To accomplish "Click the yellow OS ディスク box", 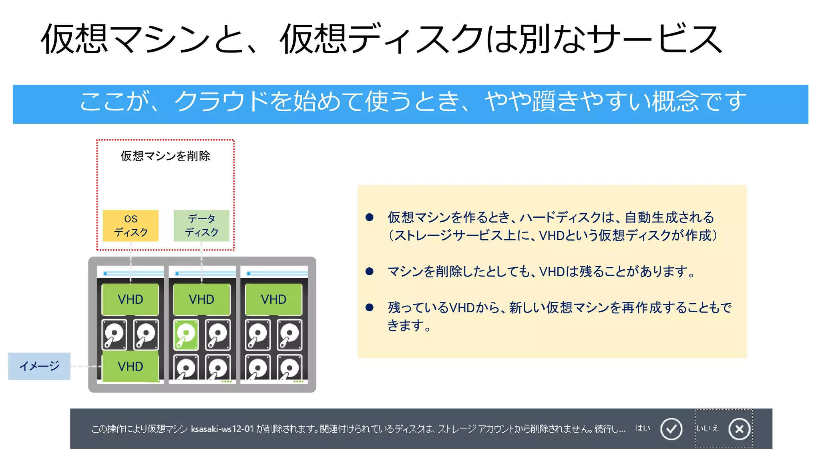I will tap(131, 226).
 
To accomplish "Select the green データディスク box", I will tap(201, 226).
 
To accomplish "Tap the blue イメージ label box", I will tap(39, 366).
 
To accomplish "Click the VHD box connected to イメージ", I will tap(131, 366).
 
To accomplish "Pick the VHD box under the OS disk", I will tap(131, 299).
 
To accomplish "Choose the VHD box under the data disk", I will tap(201, 299).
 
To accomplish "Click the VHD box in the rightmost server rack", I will tap(273, 299).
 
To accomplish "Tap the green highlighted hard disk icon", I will tap(186, 334).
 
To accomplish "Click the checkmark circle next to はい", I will tap(671, 429).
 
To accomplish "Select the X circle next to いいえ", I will tap(739, 429).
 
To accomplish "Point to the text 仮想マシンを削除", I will tap(165, 156).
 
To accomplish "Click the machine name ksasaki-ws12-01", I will tap(222, 429).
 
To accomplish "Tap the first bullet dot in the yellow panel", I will tap(370, 217).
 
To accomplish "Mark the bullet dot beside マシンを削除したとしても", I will tap(370, 272).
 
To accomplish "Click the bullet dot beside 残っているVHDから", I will tap(370, 307).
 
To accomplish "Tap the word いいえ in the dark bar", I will tap(707, 428).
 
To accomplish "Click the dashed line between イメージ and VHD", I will tap(86, 366).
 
